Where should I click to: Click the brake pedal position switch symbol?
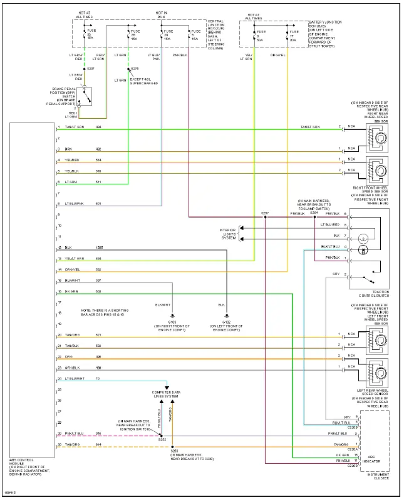[88, 96]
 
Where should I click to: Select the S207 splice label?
[90, 68]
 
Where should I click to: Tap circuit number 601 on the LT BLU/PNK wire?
[98, 203]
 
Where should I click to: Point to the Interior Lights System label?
[229, 233]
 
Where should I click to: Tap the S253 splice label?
[174, 449]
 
